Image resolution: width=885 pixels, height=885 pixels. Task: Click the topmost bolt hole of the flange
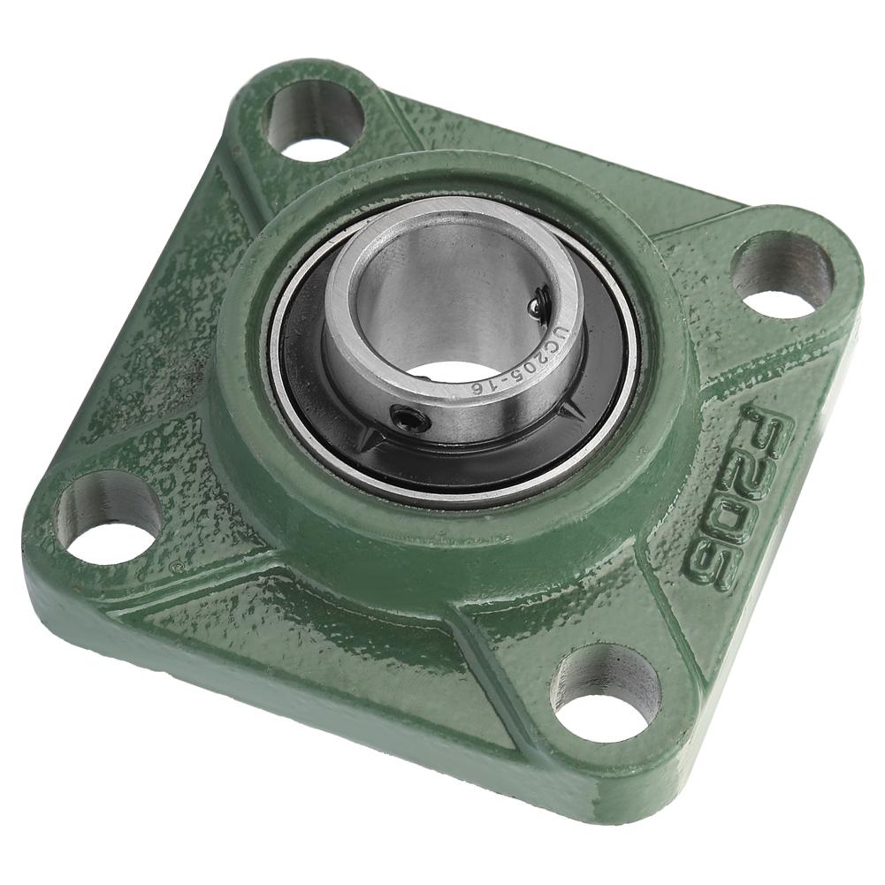(314, 119)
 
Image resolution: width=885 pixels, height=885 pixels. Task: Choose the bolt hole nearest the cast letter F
(783, 274)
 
